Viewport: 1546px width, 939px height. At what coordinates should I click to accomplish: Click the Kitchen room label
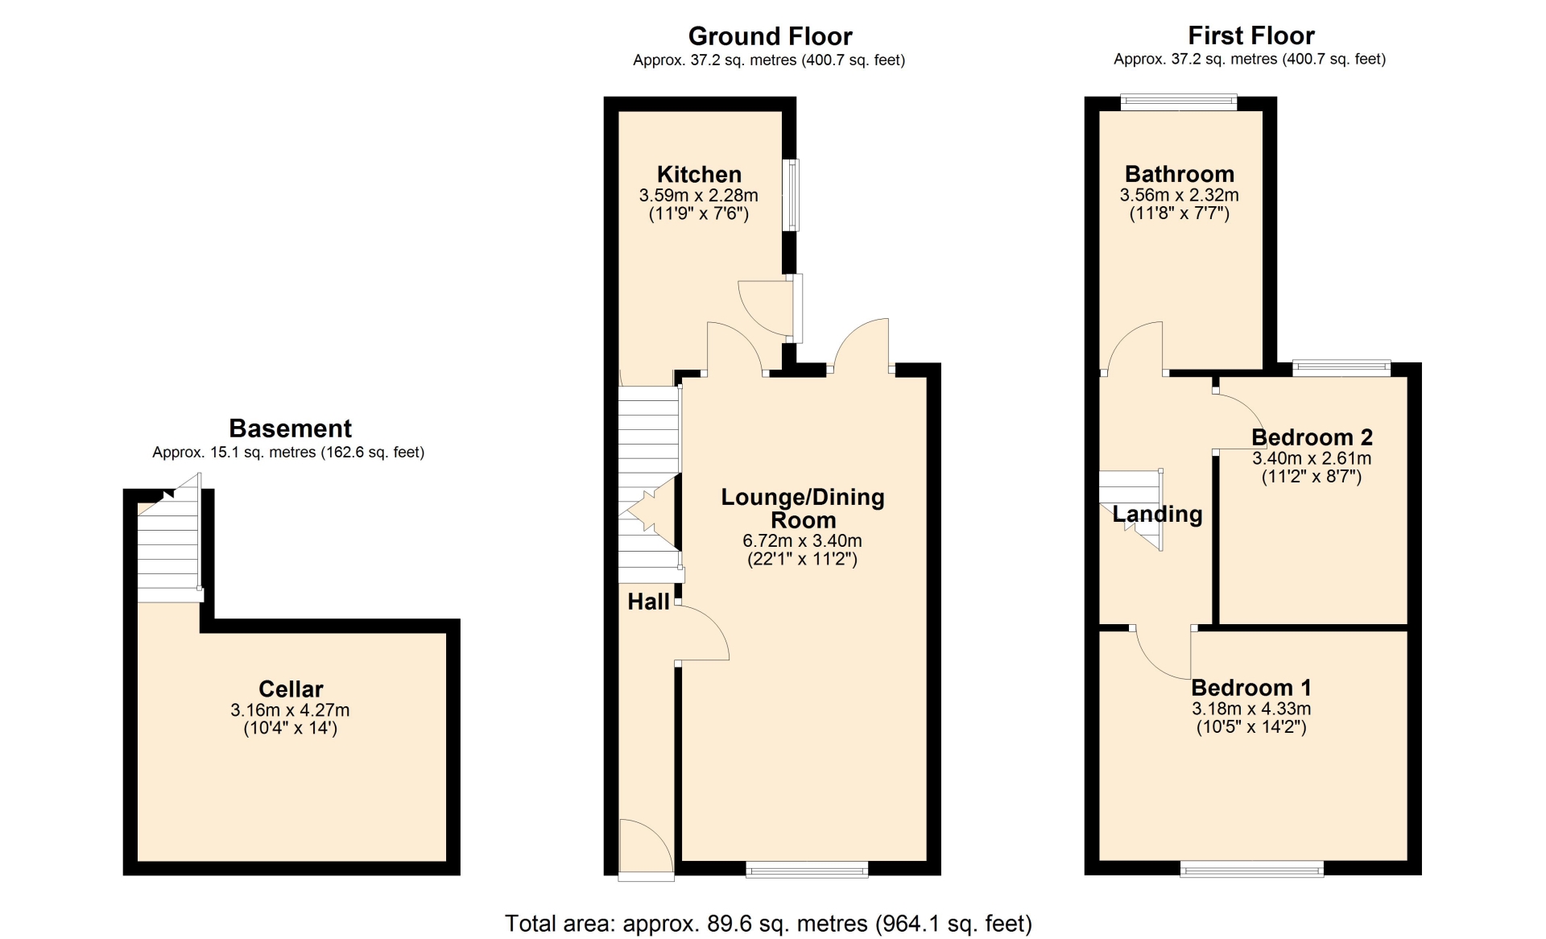click(x=699, y=174)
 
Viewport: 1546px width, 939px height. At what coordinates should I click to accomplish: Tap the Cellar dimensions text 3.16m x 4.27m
click(x=290, y=710)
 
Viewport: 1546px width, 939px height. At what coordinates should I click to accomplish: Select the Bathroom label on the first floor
click(x=1180, y=174)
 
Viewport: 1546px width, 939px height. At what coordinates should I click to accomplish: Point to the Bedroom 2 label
click(x=1312, y=437)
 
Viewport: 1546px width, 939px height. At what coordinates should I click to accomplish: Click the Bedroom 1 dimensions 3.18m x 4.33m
click(x=1251, y=709)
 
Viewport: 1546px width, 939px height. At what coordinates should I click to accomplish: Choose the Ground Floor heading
click(x=770, y=36)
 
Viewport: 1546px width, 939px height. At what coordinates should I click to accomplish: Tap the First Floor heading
click(x=1250, y=35)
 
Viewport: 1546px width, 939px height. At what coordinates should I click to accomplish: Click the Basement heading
click(x=290, y=428)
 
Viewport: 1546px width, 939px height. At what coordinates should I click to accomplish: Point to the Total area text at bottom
click(x=768, y=923)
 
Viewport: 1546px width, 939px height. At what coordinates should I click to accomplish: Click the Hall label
click(x=648, y=602)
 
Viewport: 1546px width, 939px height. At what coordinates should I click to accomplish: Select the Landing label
click(x=1157, y=514)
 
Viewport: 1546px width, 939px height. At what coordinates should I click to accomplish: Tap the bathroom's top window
click(x=1179, y=102)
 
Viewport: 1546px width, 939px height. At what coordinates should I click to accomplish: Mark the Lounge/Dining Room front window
click(x=807, y=869)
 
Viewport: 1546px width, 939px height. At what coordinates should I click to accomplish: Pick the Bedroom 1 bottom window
click(x=1252, y=869)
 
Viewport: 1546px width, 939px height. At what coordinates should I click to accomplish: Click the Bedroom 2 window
click(x=1341, y=368)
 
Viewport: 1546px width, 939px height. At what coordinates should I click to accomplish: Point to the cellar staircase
click(x=168, y=545)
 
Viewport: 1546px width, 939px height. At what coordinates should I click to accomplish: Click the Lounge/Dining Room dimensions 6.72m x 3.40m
click(x=802, y=541)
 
